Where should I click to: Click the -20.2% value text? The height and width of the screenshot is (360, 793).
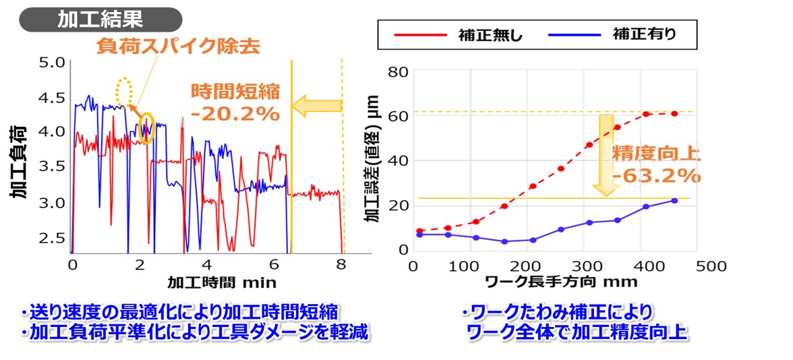(235, 114)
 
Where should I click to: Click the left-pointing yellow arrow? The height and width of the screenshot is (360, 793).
(317, 105)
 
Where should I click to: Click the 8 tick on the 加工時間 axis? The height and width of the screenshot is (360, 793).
(342, 264)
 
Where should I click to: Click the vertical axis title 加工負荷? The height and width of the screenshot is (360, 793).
(18, 162)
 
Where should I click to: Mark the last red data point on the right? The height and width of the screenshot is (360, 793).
(674, 113)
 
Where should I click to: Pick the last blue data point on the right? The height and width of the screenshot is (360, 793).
(674, 200)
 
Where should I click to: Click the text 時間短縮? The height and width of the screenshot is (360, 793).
(235, 90)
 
